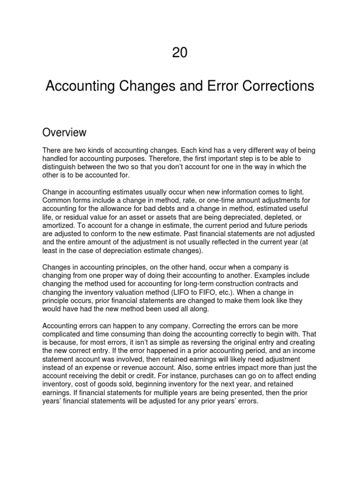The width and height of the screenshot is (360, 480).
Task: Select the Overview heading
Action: (64, 133)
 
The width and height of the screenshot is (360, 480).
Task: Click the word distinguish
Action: (60, 167)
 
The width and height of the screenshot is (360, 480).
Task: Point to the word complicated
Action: (62, 334)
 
